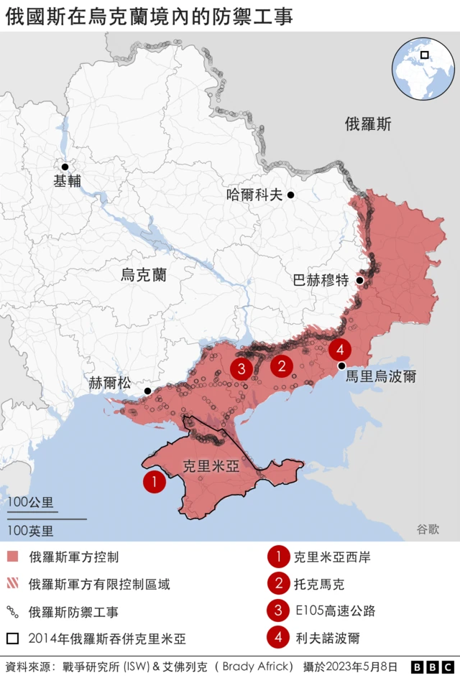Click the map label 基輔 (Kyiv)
coord(67,181)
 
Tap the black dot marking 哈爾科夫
coord(291,195)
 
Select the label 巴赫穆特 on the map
coord(321,280)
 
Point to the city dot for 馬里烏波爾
coord(341,366)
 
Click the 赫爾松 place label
coord(110,383)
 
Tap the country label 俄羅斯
coord(368,124)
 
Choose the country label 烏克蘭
coord(143,274)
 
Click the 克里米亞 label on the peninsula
coord(211,465)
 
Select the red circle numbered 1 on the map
coord(154,482)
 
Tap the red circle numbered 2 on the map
coord(281,366)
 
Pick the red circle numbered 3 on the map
coord(241,369)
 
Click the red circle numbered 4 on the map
coord(340,350)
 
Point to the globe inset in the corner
coord(423,69)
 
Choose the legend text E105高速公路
coord(334,611)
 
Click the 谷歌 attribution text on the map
coord(427,529)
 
